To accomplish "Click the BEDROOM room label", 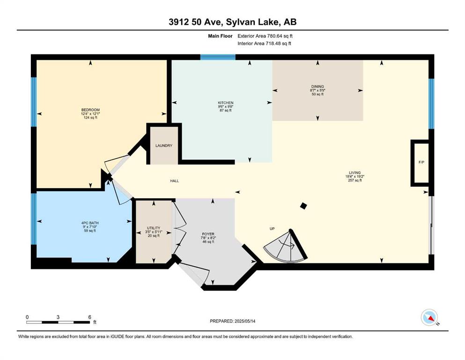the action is (90, 110).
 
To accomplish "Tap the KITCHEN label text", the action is (225, 103).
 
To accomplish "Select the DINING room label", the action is (317, 87).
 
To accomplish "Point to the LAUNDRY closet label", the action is (164, 146).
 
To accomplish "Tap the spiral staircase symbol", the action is (285, 247).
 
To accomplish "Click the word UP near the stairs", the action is (272, 229).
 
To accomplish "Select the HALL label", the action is (174, 181).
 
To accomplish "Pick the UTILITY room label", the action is (154, 228).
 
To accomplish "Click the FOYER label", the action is (208, 234).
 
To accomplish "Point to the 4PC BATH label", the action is (90, 223).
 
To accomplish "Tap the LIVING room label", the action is (354, 172).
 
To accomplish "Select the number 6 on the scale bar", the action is (89, 317).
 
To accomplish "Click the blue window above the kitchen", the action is (218, 57).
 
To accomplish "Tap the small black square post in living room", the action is (303, 206).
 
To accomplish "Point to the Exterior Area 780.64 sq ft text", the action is (265, 36).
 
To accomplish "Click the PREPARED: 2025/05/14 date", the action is (232, 321).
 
